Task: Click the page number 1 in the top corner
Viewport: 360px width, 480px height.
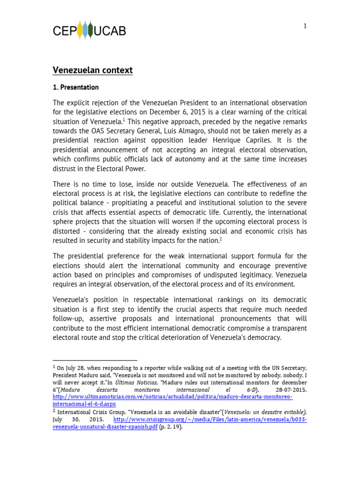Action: (305, 26)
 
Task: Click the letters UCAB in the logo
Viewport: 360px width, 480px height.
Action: (110, 31)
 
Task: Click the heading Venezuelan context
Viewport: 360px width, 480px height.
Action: (92, 70)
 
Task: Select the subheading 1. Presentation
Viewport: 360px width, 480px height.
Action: (75, 87)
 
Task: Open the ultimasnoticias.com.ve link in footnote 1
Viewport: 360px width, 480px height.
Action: (172, 397)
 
